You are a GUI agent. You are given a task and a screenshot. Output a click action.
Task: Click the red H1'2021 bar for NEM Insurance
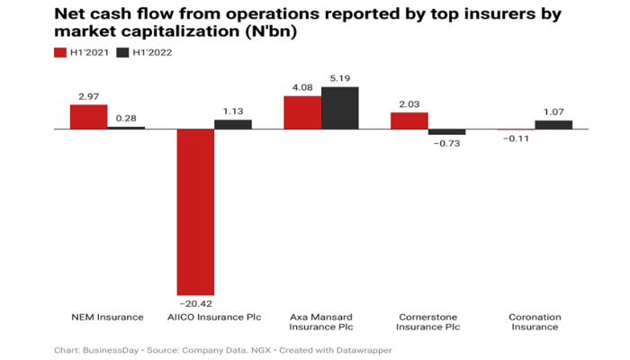(88, 116)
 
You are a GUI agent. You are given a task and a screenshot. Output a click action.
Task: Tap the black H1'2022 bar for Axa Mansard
(339, 108)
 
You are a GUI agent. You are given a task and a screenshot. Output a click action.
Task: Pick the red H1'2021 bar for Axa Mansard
(301, 112)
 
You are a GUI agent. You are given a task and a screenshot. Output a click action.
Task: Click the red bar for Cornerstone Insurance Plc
(409, 121)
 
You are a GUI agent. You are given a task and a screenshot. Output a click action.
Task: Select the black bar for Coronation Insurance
(553, 124)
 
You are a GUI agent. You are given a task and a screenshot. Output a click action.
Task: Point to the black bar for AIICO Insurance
(232, 124)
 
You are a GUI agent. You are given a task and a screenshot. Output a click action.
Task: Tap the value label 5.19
(340, 79)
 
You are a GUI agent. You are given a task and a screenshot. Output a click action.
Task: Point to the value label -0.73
(447, 142)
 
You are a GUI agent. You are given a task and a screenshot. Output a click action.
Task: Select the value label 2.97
(88, 96)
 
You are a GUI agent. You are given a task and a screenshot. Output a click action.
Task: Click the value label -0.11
(516, 139)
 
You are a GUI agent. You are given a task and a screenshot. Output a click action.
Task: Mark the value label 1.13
(232, 112)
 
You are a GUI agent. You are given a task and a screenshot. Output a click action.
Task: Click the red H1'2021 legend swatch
(61, 52)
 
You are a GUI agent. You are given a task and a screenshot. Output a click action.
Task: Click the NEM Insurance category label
(107, 317)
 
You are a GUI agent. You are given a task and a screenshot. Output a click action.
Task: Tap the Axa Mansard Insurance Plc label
(321, 322)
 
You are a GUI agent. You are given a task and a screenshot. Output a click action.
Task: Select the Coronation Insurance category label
(535, 322)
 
